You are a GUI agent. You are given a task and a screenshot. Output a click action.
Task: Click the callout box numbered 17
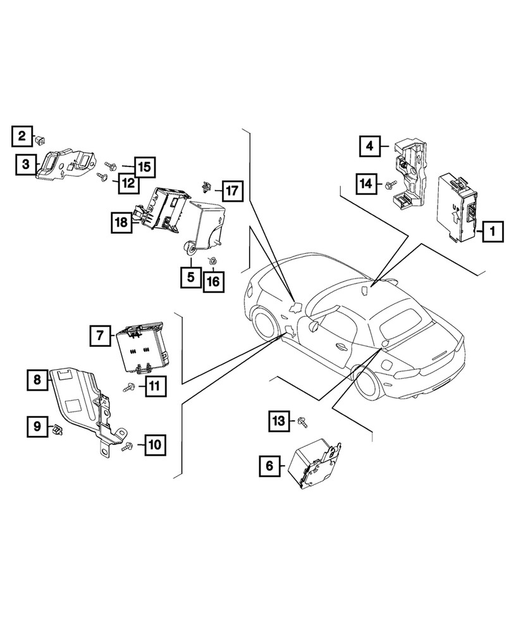(231, 190)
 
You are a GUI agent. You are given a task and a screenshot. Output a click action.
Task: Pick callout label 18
(121, 222)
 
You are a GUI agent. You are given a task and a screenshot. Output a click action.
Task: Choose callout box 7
(100, 335)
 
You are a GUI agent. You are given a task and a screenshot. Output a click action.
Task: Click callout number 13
(278, 420)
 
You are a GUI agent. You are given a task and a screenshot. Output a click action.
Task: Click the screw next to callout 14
(389, 185)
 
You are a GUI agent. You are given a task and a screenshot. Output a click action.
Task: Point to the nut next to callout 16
(213, 260)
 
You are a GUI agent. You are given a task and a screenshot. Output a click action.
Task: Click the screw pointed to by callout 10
(125, 447)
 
